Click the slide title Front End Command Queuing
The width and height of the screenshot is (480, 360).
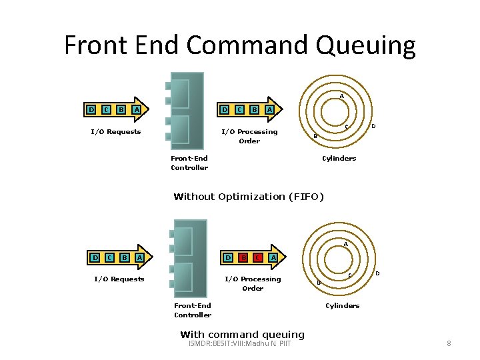click(240, 45)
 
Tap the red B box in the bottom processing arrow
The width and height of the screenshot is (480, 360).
click(243, 257)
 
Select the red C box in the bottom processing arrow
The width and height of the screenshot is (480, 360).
click(257, 257)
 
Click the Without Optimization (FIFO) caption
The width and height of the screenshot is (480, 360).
click(248, 197)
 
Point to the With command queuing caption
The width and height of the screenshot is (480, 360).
click(242, 335)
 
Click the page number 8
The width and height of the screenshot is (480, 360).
click(449, 343)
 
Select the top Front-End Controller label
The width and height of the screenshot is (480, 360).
click(189, 163)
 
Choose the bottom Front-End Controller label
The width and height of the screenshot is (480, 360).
click(193, 310)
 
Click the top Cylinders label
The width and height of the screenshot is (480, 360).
click(339, 158)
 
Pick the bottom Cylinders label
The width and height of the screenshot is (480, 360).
click(342, 305)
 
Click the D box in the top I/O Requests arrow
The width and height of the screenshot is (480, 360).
click(91, 109)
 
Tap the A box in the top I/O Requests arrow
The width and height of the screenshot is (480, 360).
click(136, 109)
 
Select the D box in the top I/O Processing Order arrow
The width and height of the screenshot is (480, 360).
click(225, 109)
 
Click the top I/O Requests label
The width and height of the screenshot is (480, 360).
click(116, 131)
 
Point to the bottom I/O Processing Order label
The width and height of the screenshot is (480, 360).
click(253, 283)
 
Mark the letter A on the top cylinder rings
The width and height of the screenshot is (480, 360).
click(341, 97)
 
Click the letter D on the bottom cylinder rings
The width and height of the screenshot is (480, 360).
click(377, 273)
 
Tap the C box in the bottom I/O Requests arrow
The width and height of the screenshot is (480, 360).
click(109, 257)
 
